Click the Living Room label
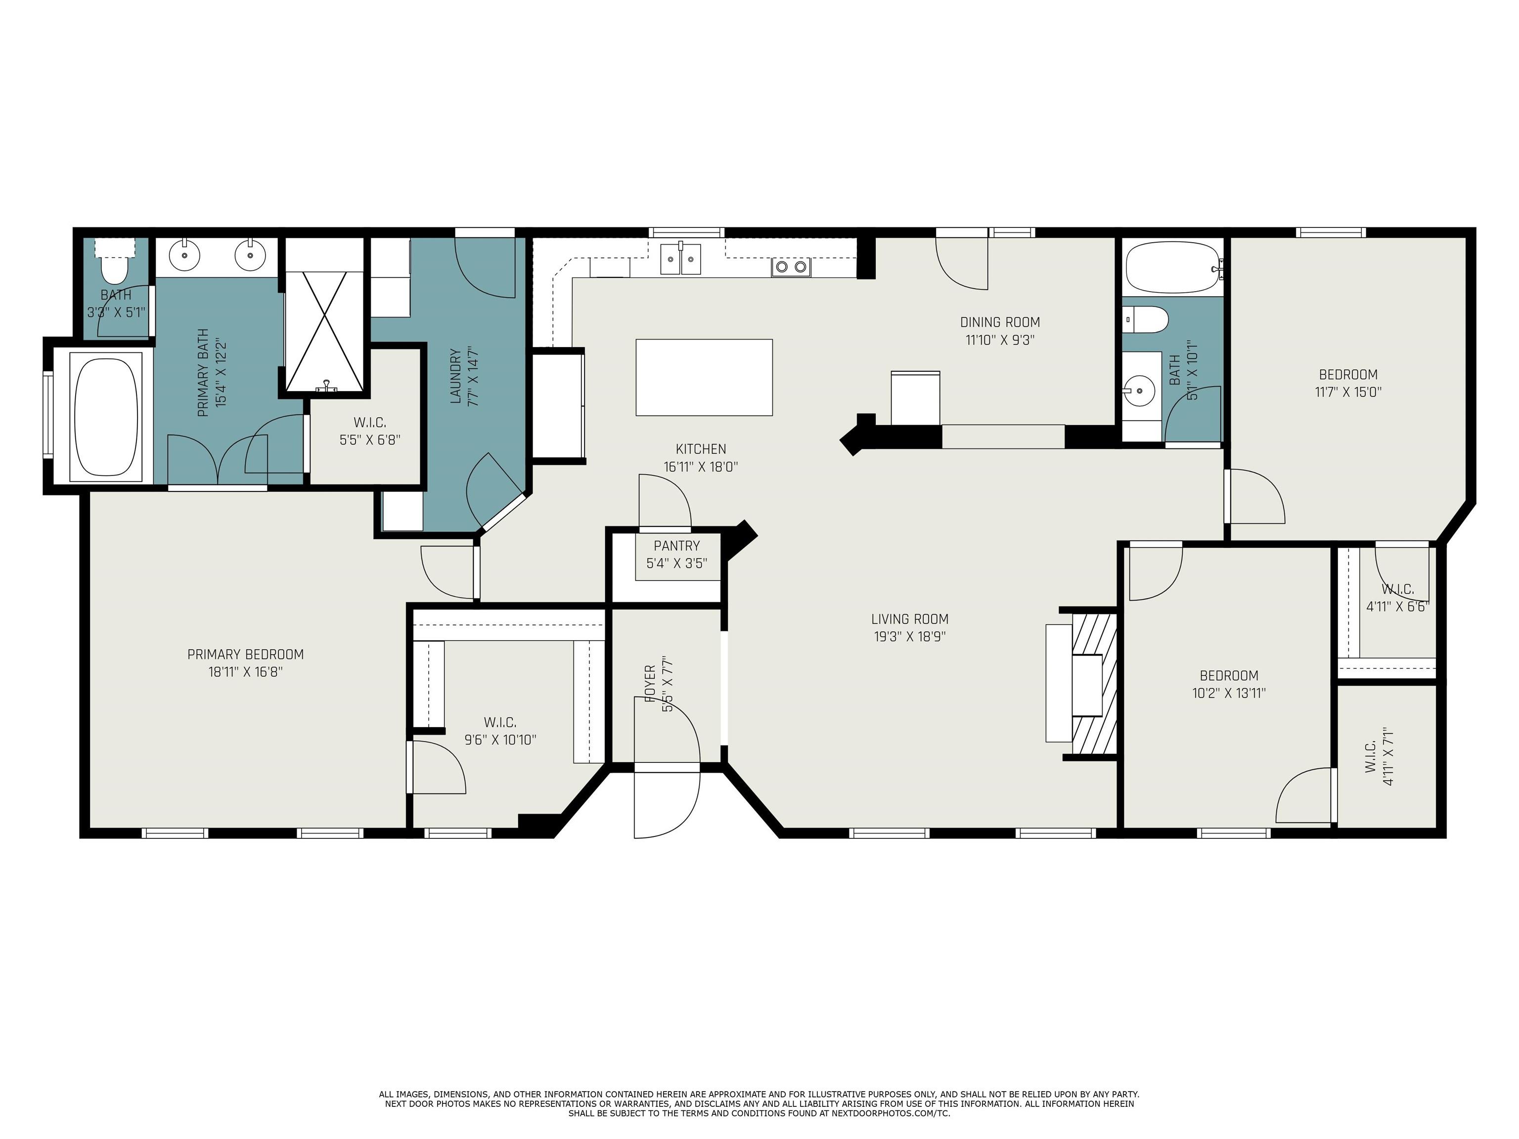coord(910,618)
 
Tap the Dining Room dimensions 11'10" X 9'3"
coord(1000,340)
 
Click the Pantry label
coord(676,546)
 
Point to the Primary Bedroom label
coord(246,655)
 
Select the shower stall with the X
coord(325,332)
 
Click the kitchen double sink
coord(680,260)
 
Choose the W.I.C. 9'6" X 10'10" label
coord(500,722)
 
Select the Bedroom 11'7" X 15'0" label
coord(1348,375)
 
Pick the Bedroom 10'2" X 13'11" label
coord(1229,676)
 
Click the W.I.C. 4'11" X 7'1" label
coord(1370,756)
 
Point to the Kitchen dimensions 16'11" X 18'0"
coord(701,467)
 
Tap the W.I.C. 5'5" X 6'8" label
coord(370,423)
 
